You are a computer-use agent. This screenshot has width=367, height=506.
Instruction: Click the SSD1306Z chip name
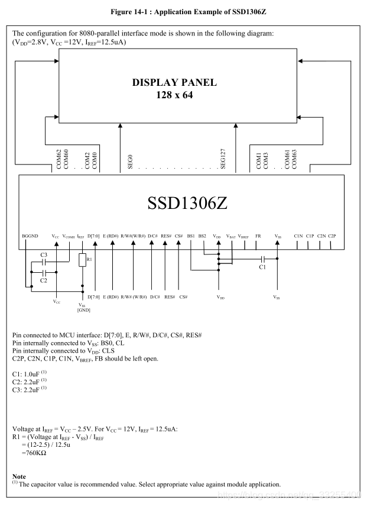pyautogui.click(x=187, y=202)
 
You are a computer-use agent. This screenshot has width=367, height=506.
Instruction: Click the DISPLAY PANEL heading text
pyautogui.click(x=174, y=83)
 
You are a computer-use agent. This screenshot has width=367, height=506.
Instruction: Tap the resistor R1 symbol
pyautogui.click(x=83, y=260)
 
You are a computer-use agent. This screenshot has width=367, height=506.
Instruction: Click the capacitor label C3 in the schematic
pyautogui.click(x=44, y=254)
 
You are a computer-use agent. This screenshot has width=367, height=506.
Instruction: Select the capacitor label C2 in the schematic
pyautogui.click(x=44, y=280)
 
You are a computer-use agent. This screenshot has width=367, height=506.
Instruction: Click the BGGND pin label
pyautogui.click(x=30, y=236)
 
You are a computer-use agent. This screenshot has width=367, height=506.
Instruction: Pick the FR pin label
pyautogui.click(x=258, y=236)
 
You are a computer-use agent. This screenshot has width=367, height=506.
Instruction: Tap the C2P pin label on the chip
pyautogui.click(x=332, y=236)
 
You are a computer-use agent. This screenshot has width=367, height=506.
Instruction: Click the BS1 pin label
pyautogui.click(x=191, y=236)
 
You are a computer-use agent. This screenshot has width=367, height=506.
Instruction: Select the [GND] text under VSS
pyautogui.click(x=83, y=310)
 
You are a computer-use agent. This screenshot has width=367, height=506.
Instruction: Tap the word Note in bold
pyautogui.click(x=18, y=476)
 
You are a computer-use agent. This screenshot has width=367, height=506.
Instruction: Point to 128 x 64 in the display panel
pyautogui.click(x=174, y=95)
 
